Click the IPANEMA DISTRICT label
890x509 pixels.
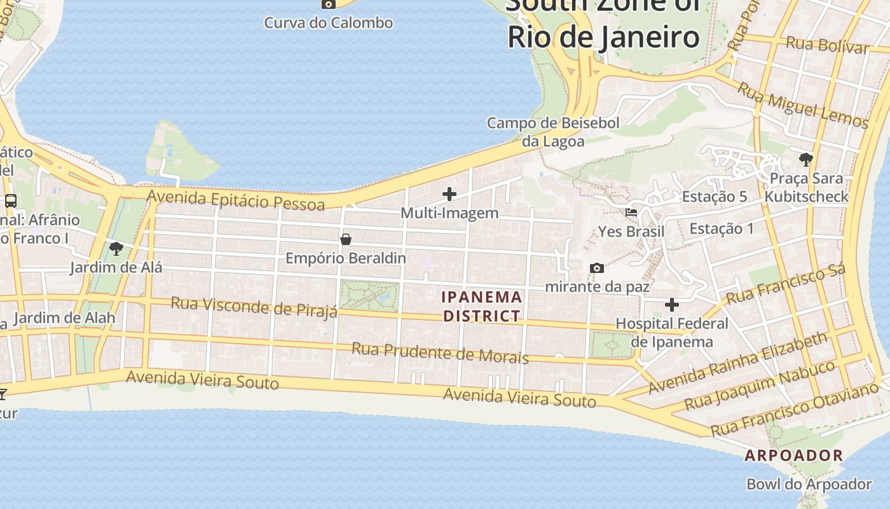click(482, 306)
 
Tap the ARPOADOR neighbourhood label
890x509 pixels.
click(794, 456)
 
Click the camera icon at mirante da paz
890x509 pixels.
click(596, 268)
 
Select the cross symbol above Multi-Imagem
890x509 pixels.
click(449, 194)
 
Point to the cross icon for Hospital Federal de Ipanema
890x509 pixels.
click(672, 305)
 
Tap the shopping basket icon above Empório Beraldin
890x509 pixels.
click(346, 239)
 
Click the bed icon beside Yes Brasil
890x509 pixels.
click(631, 213)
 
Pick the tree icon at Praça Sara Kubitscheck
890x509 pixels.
click(806, 159)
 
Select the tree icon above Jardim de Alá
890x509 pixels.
click(116, 248)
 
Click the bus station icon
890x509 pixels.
click(11, 201)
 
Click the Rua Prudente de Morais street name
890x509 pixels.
click(440, 352)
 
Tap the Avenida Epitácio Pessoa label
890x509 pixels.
click(235, 200)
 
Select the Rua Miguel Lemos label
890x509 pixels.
click(802, 105)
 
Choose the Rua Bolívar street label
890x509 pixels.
click(827, 45)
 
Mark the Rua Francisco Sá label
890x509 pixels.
click(786, 284)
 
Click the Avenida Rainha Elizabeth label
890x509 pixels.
click(738, 363)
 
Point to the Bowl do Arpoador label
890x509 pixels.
click(809, 484)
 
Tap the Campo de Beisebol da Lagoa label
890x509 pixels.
click(553, 132)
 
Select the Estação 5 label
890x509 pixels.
click(715, 197)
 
